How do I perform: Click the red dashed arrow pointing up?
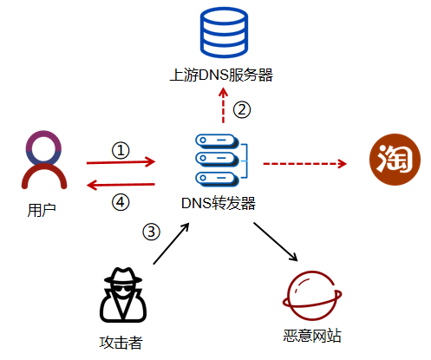[x=222, y=109]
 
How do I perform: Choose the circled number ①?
[x=121, y=150]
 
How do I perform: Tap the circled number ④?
[x=121, y=201]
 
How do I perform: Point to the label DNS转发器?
[x=219, y=205]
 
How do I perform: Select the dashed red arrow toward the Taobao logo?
[x=304, y=162]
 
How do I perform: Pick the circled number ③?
[x=152, y=232]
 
